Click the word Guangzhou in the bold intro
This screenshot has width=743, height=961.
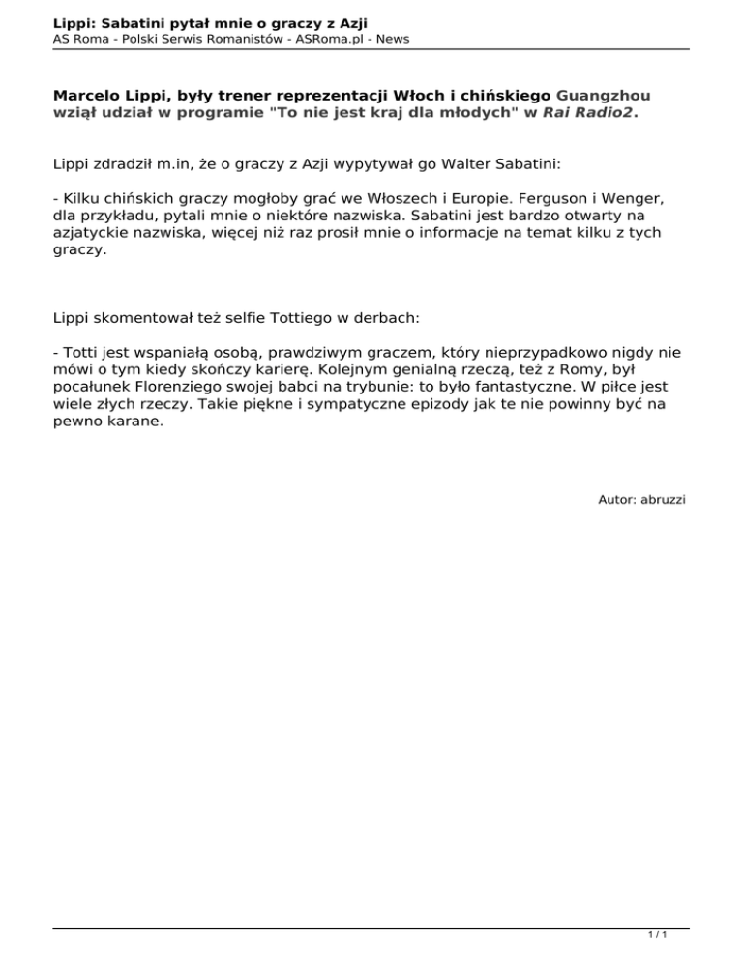coord(603,96)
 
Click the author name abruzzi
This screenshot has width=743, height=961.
coord(663,499)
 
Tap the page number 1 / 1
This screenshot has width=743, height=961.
coord(657,936)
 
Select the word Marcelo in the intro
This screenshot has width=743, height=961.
coord(89,96)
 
